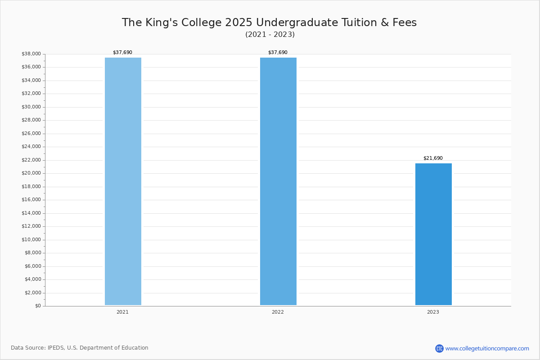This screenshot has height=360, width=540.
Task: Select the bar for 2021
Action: coord(123,181)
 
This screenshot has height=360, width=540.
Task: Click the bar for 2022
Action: coord(278,181)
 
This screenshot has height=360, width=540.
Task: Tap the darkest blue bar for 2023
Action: coord(433,234)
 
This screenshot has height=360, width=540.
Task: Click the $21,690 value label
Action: coord(433,158)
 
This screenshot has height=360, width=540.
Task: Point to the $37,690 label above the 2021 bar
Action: coord(122,52)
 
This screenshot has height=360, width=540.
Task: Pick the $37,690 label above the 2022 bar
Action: coord(278,52)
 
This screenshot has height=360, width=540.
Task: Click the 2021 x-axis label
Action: coord(122,312)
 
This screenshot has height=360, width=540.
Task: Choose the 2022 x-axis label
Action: coord(278,312)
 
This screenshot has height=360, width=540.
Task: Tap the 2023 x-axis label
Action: coord(433,312)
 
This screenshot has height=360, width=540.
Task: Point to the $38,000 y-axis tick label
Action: coord(31,54)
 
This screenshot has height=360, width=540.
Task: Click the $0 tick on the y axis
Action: coord(38,306)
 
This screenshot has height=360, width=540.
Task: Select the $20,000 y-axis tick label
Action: coord(31,173)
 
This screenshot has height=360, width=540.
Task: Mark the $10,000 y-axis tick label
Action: coord(31,239)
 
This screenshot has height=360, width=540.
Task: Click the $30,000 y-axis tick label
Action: coord(31,107)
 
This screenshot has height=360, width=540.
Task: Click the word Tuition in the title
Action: coord(359,22)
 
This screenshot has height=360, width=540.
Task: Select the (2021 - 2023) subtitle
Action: coord(270,35)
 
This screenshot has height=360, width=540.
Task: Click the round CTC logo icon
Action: coord(439,348)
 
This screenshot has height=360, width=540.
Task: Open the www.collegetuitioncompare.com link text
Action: coord(487,349)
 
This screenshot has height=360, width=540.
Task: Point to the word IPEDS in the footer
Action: coord(56,348)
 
